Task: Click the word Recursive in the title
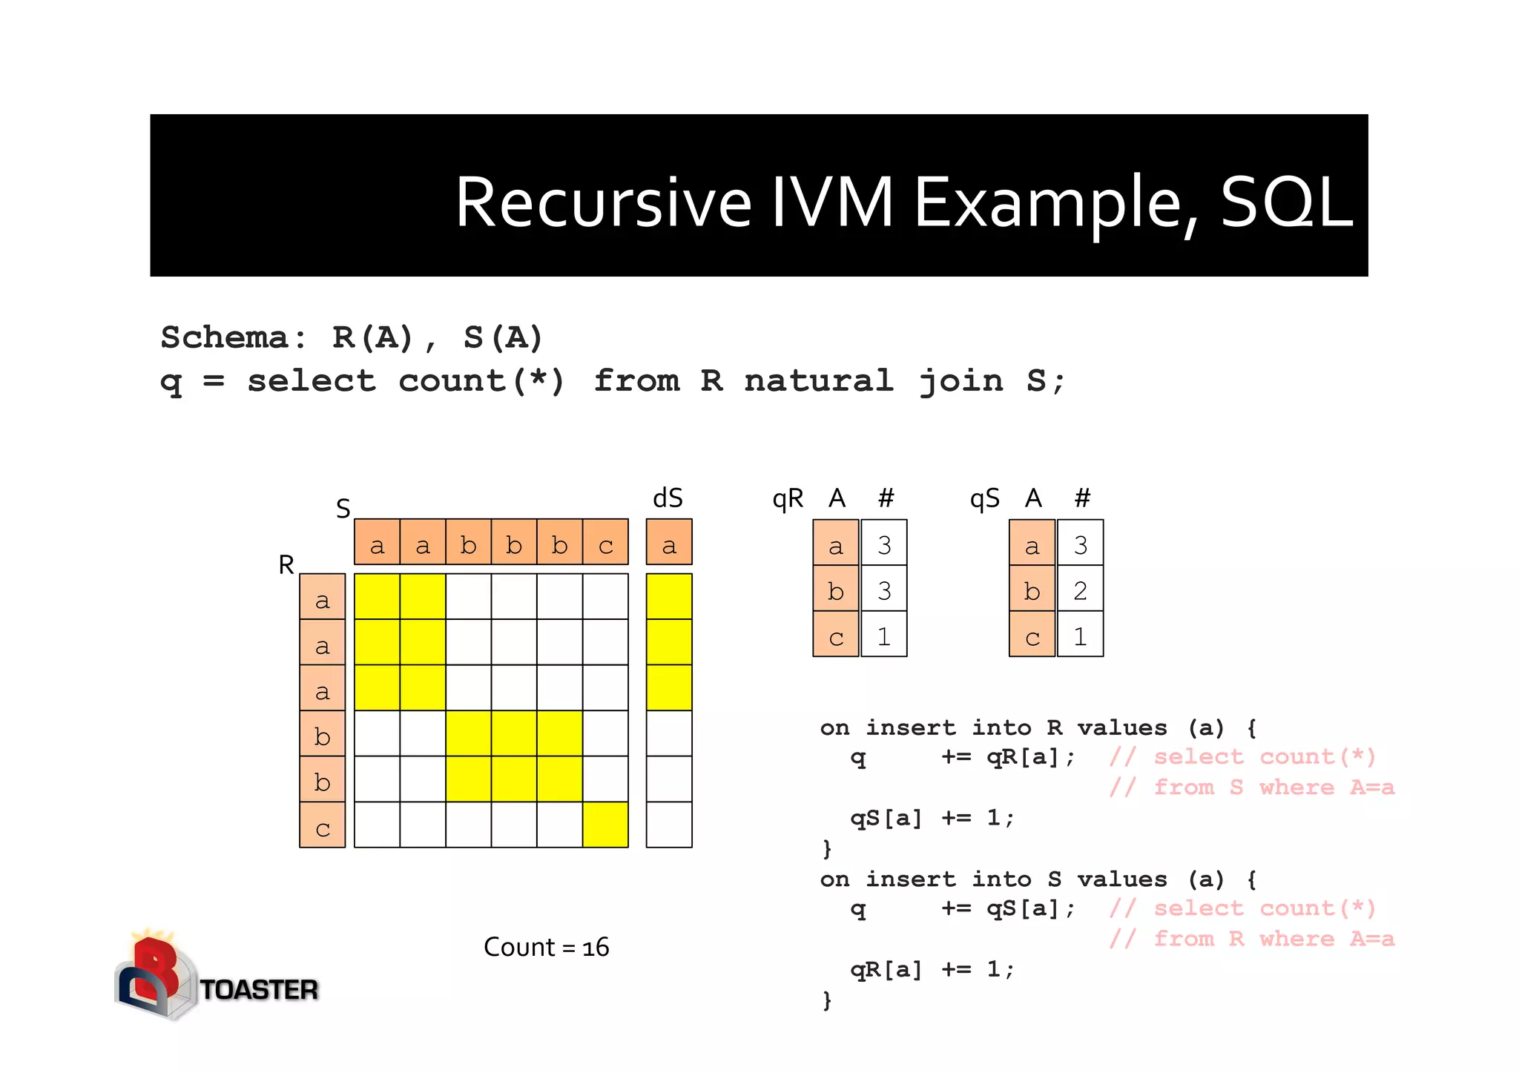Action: pyautogui.click(x=602, y=202)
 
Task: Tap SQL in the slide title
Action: pyautogui.click(x=1286, y=202)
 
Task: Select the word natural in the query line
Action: pyautogui.click(x=819, y=381)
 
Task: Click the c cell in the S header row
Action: pyautogui.click(x=605, y=545)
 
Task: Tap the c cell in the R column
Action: pyautogui.click(x=322, y=826)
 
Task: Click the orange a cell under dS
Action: pyautogui.click(x=669, y=545)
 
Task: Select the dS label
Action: pyautogui.click(x=668, y=498)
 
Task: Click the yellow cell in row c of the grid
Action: pyautogui.click(x=605, y=825)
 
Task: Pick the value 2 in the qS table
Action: pyautogui.click(x=1080, y=590)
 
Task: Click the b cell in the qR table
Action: pyautogui.click(x=836, y=590)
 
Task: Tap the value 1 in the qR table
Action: pyautogui.click(x=883, y=635)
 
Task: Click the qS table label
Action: pyautogui.click(x=984, y=498)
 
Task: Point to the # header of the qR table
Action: pyautogui.click(x=886, y=498)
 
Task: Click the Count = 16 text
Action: pyautogui.click(x=546, y=947)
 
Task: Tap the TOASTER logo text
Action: pyautogui.click(x=259, y=989)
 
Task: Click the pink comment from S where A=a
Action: pyautogui.click(x=1252, y=788)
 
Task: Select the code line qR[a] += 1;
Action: pyautogui.click(x=932, y=969)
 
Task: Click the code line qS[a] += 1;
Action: pyautogui.click(x=932, y=818)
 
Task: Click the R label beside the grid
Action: pyautogui.click(x=286, y=565)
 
